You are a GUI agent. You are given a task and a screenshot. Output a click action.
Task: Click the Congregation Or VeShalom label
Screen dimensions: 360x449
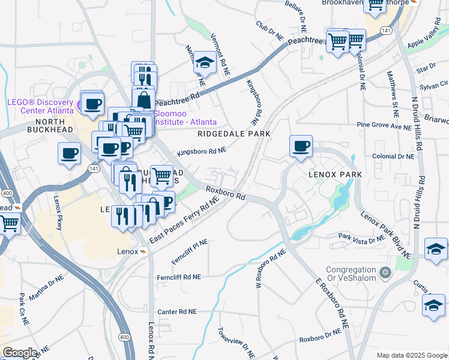pyautogui.click(x=352, y=273)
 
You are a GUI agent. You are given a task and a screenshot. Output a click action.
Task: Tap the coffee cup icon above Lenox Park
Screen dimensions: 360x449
pyautogui.click(x=301, y=146)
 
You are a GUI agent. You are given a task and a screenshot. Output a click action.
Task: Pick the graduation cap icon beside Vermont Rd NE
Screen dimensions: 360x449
pyautogui.click(x=205, y=62)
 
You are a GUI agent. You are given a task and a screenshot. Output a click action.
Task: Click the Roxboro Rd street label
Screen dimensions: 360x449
pyautogui.click(x=226, y=193)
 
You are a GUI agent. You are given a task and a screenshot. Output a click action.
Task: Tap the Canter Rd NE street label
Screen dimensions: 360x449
pyautogui.click(x=176, y=312)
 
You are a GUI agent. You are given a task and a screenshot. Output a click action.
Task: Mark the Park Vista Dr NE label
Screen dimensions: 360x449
pyautogui.click(x=361, y=239)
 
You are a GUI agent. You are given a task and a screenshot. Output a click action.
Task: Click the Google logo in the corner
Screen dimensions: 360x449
pyautogui.click(x=19, y=353)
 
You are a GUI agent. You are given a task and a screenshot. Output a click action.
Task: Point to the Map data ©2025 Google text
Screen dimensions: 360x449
pyautogui.click(x=411, y=355)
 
